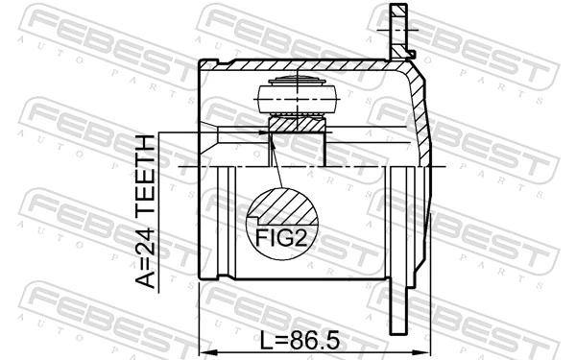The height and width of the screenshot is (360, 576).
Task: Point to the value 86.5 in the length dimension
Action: click(x=311, y=341)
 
